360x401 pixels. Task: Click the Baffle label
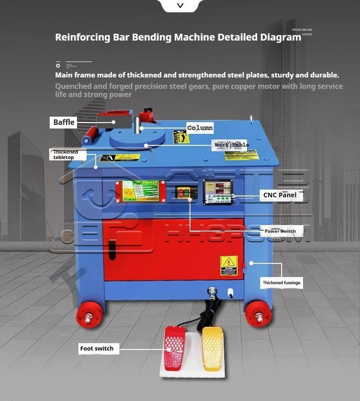click(64, 122)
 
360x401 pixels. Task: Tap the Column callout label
click(200, 128)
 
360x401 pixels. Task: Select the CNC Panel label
click(279, 195)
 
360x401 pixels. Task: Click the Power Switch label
click(280, 231)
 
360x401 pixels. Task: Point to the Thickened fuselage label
click(281, 283)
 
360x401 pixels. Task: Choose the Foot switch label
click(97, 349)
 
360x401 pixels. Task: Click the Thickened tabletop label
click(66, 154)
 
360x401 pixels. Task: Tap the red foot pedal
click(175, 348)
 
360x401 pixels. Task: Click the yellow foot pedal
click(212, 348)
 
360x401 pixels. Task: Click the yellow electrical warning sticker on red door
click(229, 265)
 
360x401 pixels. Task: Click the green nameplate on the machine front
click(140, 191)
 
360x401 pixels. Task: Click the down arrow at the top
click(180, 5)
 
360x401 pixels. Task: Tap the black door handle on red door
click(112, 250)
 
